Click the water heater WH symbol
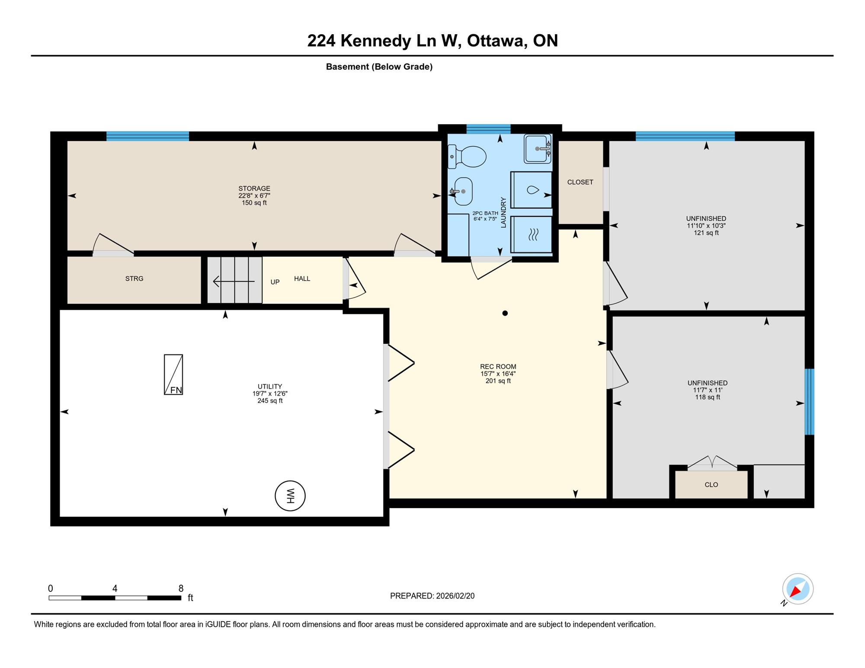(x=290, y=495)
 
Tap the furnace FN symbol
(x=173, y=374)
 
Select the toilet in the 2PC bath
(x=467, y=157)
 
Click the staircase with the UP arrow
(x=234, y=280)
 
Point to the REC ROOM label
(x=498, y=367)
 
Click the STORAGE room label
(x=254, y=189)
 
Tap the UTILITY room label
(x=270, y=387)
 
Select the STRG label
(x=134, y=279)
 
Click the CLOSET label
(x=580, y=182)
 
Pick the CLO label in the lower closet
(x=711, y=485)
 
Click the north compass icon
(x=798, y=589)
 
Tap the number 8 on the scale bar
(x=181, y=588)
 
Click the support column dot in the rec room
(x=505, y=313)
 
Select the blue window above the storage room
(x=147, y=136)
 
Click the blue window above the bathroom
(x=488, y=129)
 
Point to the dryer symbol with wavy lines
(x=532, y=234)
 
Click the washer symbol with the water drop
(x=532, y=190)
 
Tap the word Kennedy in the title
(x=376, y=41)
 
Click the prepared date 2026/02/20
(x=455, y=596)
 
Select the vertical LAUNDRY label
(x=503, y=212)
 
